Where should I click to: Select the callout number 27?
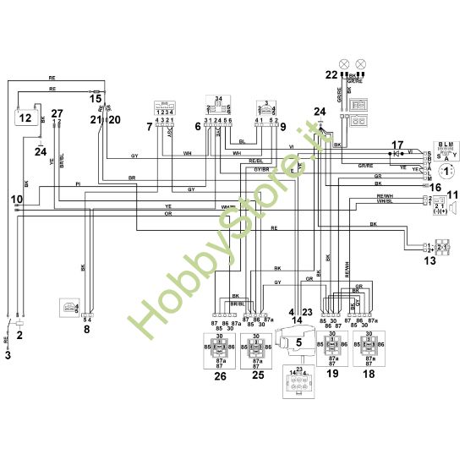[x=57, y=112]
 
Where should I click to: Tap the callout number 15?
[x=95, y=98]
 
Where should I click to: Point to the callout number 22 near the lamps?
[x=330, y=74]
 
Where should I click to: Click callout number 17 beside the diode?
[x=398, y=145]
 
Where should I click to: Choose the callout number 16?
[x=412, y=187]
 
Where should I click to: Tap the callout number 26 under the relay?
[x=220, y=376]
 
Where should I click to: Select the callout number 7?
[x=150, y=127]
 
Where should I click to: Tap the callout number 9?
[x=282, y=127]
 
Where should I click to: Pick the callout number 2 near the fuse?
[x=19, y=336]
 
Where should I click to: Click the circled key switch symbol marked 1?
[x=446, y=168]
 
